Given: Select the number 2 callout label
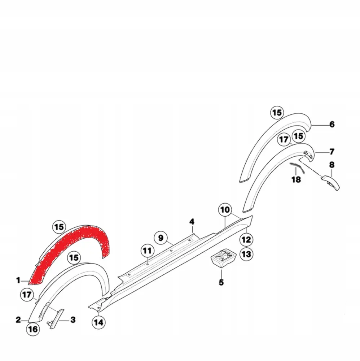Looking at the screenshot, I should click(18, 319).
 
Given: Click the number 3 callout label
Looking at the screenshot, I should click(73, 320).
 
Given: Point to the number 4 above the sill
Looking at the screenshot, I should click(192, 221).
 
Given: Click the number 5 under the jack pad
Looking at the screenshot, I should click(221, 282).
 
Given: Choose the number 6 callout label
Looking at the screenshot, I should click(332, 125).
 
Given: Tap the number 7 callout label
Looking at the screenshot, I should click(332, 151).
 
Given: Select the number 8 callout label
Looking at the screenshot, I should click(332, 165).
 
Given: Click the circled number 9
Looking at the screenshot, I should click(161, 238).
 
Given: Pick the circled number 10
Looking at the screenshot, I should click(225, 209).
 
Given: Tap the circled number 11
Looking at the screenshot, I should click(148, 250).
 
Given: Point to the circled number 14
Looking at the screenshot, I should click(98, 322).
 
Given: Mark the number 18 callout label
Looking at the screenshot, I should click(296, 179).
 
